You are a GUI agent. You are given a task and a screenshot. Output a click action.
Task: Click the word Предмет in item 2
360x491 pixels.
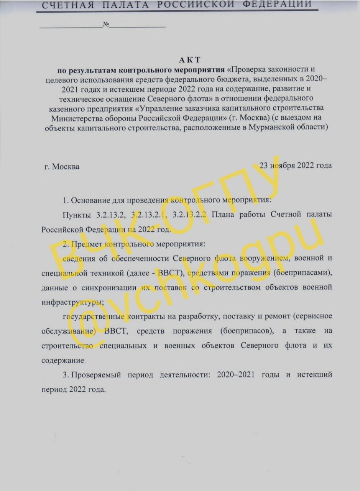pyautogui.click(x=87, y=244)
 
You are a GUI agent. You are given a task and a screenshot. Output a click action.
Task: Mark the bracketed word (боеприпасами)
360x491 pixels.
pyautogui.click(x=306, y=272)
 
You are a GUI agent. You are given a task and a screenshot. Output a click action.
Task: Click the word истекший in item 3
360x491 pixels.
pyautogui.click(x=313, y=374)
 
